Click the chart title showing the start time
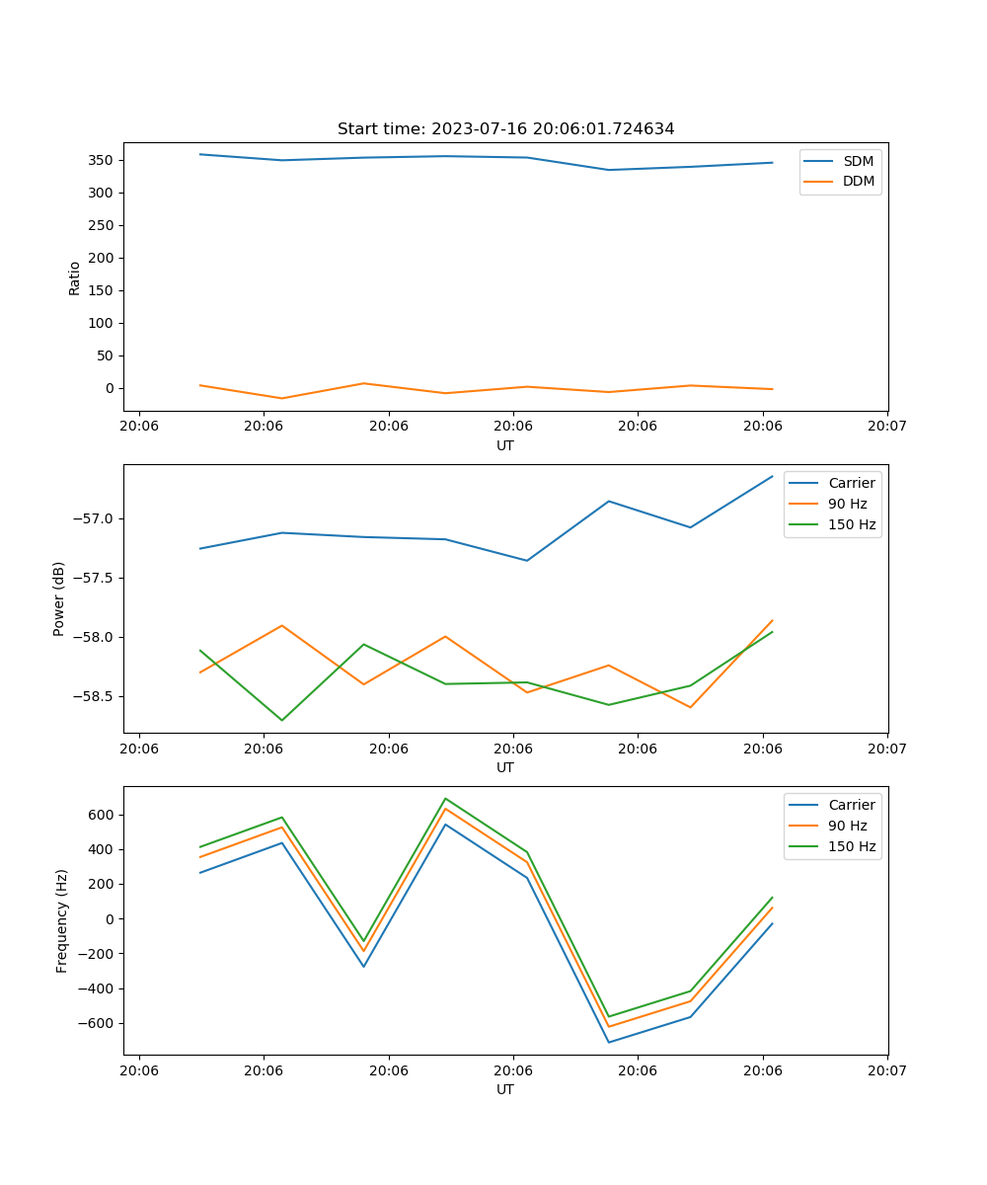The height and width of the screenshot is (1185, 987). pos(505,129)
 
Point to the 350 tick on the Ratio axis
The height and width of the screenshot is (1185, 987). pos(100,160)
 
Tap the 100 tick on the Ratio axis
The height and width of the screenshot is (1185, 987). pos(100,323)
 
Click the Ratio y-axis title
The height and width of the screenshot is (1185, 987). pos(74,277)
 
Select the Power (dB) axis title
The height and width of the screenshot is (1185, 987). pos(59,598)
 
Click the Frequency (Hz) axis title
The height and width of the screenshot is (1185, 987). pos(61,920)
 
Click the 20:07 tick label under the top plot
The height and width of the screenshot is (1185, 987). pos(886,427)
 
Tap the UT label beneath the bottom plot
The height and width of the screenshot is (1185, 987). pos(505,1089)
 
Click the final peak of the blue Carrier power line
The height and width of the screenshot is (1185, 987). pos(772,476)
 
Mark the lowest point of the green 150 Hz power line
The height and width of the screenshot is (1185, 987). pos(282,720)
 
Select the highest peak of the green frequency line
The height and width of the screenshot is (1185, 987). pos(445,798)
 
